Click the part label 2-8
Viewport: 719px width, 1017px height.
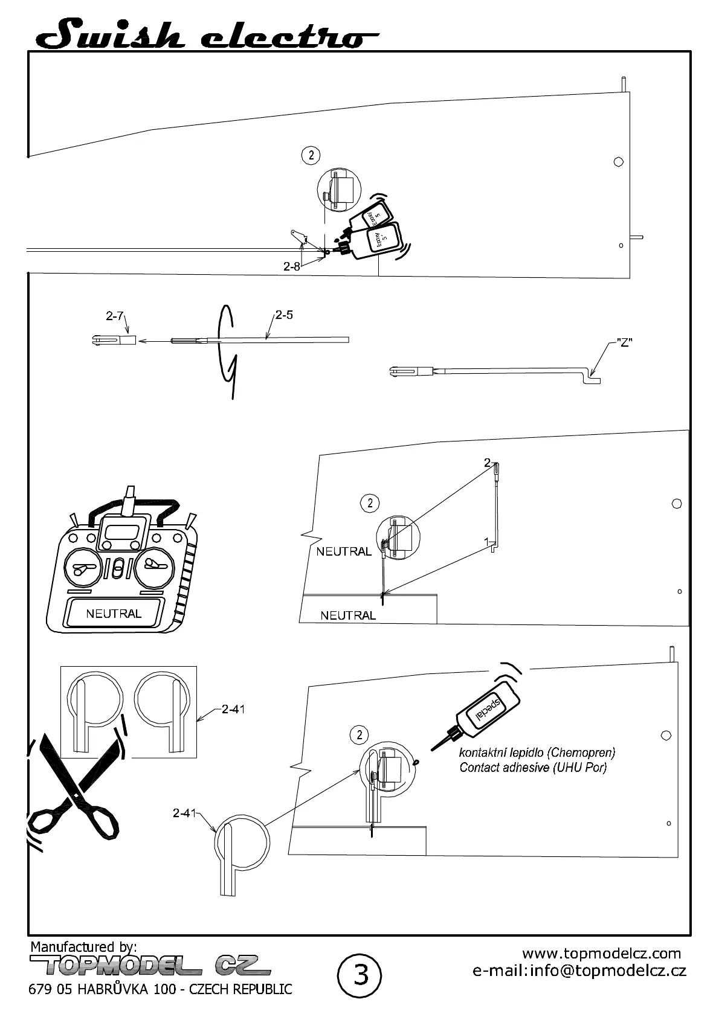click(x=292, y=266)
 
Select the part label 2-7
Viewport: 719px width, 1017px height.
click(x=115, y=316)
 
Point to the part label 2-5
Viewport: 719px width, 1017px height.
click(x=284, y=315)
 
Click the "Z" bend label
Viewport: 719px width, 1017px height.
click(x=624, y=342)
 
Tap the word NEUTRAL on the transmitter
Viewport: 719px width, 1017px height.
click(x=114, y=614)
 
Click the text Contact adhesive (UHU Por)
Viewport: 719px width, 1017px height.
click(x=533, y=768)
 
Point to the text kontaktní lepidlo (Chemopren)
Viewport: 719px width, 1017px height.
click(x=537, y=752)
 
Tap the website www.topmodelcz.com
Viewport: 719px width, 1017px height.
click(x=601, y=954)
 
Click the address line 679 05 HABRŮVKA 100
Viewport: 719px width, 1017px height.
click(x=161, y=989)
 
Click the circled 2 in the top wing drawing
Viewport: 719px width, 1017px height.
click(x=311, y=155)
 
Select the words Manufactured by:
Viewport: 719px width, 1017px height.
click(x=83, y=946)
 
